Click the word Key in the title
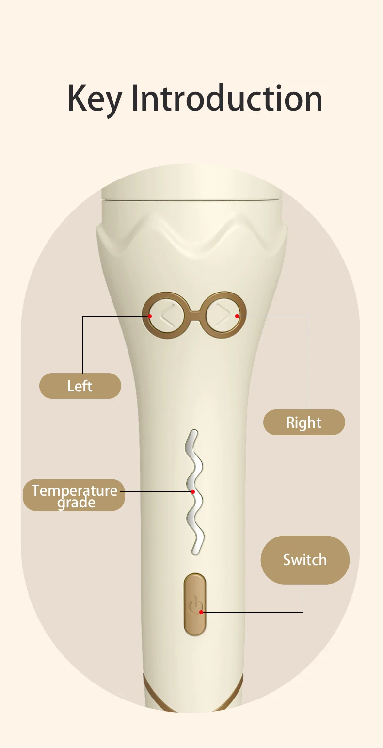pos(95,98)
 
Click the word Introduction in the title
pos(227,98)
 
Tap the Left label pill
pos(80,386)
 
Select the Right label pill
pos(304,423)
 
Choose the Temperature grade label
pos(74,495)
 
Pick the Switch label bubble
pos(305,560)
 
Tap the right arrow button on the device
pos(222,315)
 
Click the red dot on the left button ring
pos(150,316)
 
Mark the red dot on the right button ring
pos(237,316)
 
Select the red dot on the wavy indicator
pos(193,491)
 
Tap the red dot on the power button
pos(201,612)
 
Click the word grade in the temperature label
pos(76,503)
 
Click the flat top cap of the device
pos(191,189)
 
